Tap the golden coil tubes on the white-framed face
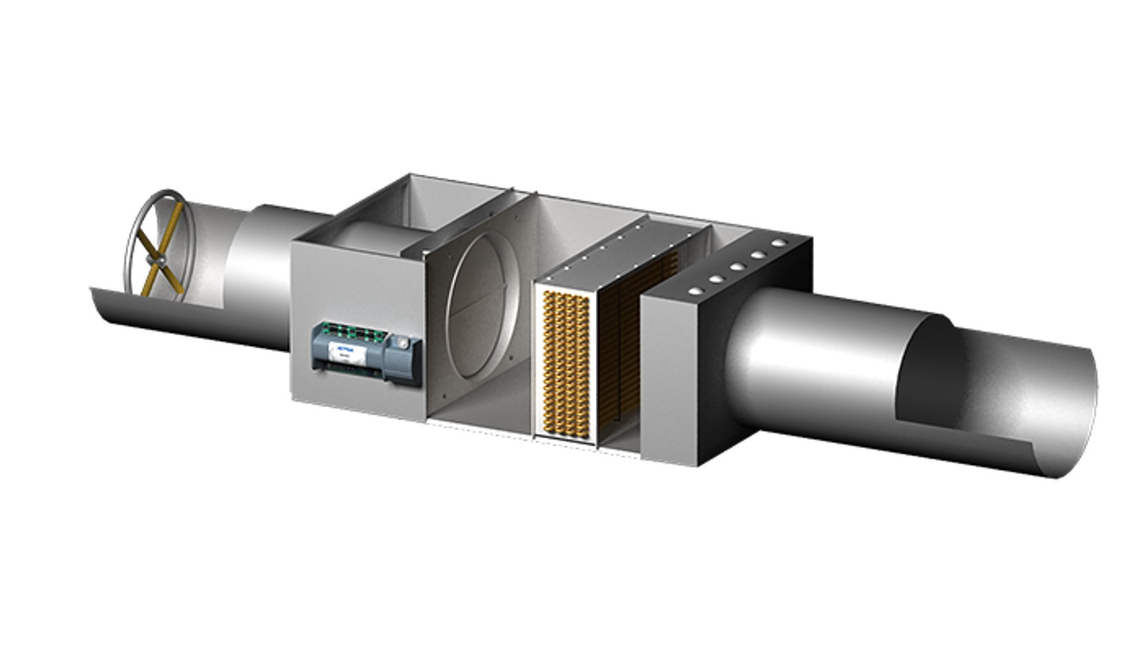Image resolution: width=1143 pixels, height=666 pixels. (561, 364)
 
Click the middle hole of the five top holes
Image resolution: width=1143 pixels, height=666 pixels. (737, 267)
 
